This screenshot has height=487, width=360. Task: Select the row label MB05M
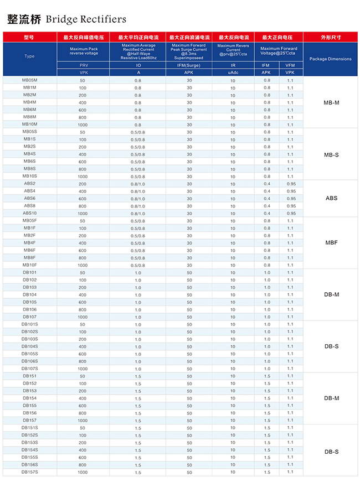29,80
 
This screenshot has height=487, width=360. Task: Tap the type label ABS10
29,213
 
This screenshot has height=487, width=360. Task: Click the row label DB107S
29,369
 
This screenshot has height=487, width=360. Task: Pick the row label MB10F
29,265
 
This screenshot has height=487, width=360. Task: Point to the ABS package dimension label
331,198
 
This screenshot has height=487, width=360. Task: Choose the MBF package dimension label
331,242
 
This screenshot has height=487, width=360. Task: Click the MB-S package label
331,154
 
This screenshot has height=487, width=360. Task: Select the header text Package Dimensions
331,59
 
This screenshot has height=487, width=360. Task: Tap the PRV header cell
83,66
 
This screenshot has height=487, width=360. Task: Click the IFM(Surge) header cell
188,66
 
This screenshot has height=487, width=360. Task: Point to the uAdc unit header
233,72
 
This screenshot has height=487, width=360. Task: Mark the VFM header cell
290,66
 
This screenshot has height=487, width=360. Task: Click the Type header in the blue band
29,56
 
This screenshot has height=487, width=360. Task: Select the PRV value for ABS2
83,184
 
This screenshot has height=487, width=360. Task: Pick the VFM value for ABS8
291,206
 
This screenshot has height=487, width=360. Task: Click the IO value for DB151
137,376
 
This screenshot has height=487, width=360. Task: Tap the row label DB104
29,294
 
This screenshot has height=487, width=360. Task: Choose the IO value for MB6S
137,162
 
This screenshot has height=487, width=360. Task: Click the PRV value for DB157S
83,472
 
